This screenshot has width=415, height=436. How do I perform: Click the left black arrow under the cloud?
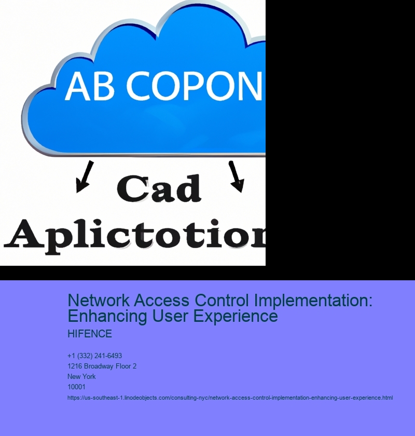pos(85,176)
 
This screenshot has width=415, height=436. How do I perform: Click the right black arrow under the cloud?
pos(236,176)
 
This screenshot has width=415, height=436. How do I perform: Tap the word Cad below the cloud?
pos(159,188)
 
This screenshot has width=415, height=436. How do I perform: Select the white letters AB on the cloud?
pos(90,86)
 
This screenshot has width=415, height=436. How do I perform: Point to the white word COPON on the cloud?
pos(194,86)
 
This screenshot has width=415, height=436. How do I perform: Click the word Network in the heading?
pos(99,301)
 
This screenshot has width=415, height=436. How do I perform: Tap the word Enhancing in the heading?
pos(107,317)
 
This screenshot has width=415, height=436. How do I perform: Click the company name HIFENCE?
pos(90,334)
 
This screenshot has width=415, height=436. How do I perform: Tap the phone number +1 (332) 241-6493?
pos(94,356)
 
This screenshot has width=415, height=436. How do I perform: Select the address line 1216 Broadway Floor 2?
pos(102,366)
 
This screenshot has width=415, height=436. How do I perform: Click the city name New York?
pos(81,376)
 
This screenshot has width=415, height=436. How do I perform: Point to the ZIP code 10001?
pos(76,387)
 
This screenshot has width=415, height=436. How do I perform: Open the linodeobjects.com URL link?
pos(230,398)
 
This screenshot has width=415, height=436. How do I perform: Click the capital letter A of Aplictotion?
pos(24,234)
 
